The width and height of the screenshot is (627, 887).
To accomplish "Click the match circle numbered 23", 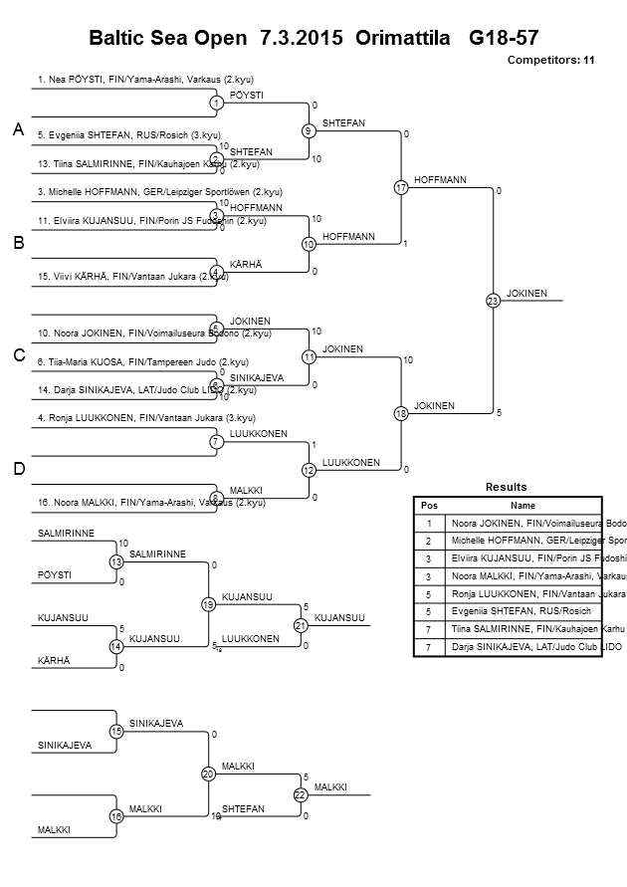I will coord(492,300).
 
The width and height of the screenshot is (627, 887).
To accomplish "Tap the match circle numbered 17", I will coord(401,187).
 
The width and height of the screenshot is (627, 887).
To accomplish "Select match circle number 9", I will coord(309,130).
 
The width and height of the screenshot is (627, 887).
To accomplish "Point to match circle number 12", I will coord(309,469).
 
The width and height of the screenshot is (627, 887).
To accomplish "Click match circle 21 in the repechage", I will coord(300,625).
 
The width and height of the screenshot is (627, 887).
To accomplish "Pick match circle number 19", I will coord(208,603).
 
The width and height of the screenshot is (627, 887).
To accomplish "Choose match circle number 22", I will coord(300,794).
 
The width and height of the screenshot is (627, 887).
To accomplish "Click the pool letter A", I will coord(18,130).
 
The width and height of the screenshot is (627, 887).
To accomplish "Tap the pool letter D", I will coord(18,469).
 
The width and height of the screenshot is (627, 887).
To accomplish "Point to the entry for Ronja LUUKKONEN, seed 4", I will coord(146,417).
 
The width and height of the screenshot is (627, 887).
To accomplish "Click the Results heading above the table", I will coord(506,487).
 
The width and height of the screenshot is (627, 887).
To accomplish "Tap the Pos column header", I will coord(429,506).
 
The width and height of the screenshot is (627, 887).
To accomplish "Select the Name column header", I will coord(522,506).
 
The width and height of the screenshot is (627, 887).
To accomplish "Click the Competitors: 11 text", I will coord(550,61).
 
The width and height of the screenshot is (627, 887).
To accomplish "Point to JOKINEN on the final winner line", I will coord(526,293).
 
